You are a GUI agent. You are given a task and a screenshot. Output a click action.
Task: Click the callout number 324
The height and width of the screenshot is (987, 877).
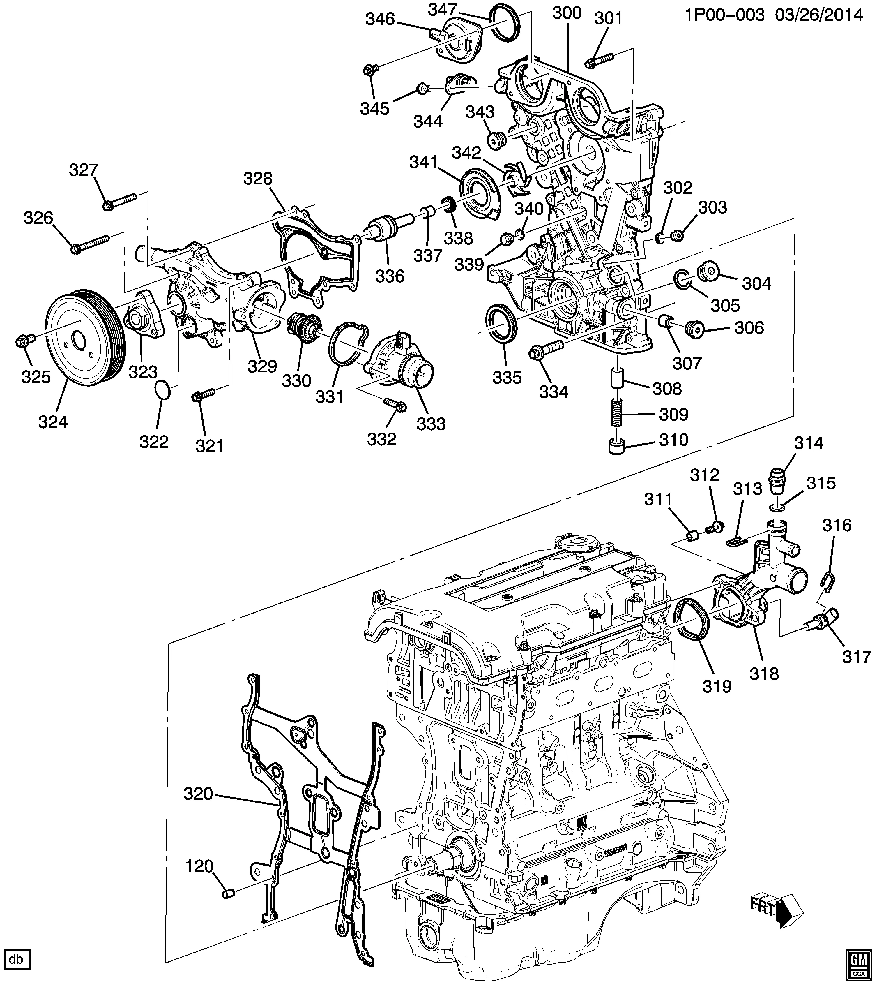[x=53, y=422]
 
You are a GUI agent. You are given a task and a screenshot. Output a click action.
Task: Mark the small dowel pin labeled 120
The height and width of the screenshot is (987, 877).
[x=228, y=894]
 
